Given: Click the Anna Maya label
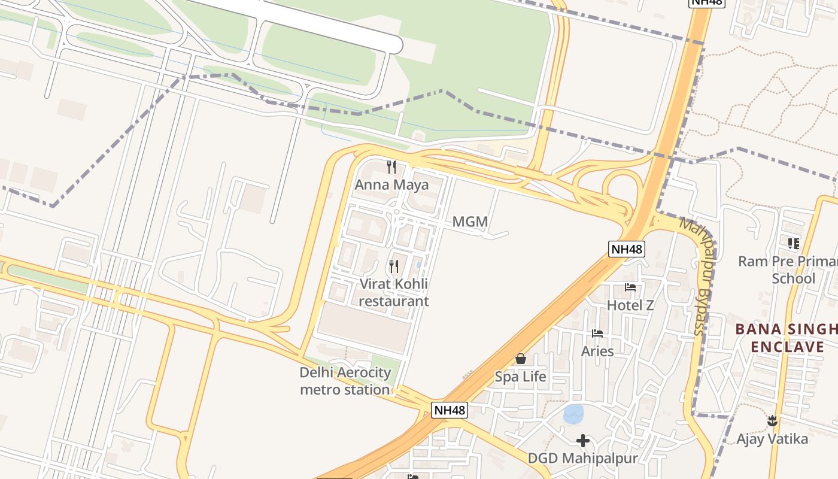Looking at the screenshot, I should pyautogui.click(x=391, y=185).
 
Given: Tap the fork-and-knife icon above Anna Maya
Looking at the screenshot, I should pyautogui.click(x=391, y=167).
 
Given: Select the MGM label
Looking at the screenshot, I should pyautogui.click(x=470, y=222).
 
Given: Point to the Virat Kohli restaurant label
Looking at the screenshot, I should pyautogui.click(x=394, y=292).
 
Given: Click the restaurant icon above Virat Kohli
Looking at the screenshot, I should pyautogui.click(x=394, y=266).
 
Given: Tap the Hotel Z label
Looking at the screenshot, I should pyautogui.click(x=630, y=305).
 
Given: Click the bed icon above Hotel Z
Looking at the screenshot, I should pyautogui.click(x=630, y=287).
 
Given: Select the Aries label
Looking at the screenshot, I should pyautogui.click(x=597, y=351).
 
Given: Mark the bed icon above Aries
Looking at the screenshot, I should pyautogui.click(x=597, y=334).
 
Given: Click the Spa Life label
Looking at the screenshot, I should pyautogui.click(x=520, y=377).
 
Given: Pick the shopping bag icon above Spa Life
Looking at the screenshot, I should pyautogui.click(x=521, y=359).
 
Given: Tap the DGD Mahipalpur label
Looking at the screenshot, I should pyautogui.click(x=582, y=459).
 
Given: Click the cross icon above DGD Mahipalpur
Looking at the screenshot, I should pyautogui.click(x=582, y=441).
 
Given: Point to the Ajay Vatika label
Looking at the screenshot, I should pyautogui.click(x=772, y=439).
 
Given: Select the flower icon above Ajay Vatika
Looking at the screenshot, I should pyautogui.click(x=772, y=421).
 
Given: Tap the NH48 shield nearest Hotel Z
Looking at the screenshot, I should pyautogui.click(x=627, y=248).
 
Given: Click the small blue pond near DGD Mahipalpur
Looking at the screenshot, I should pyautogui.click(x=573, y=413).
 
